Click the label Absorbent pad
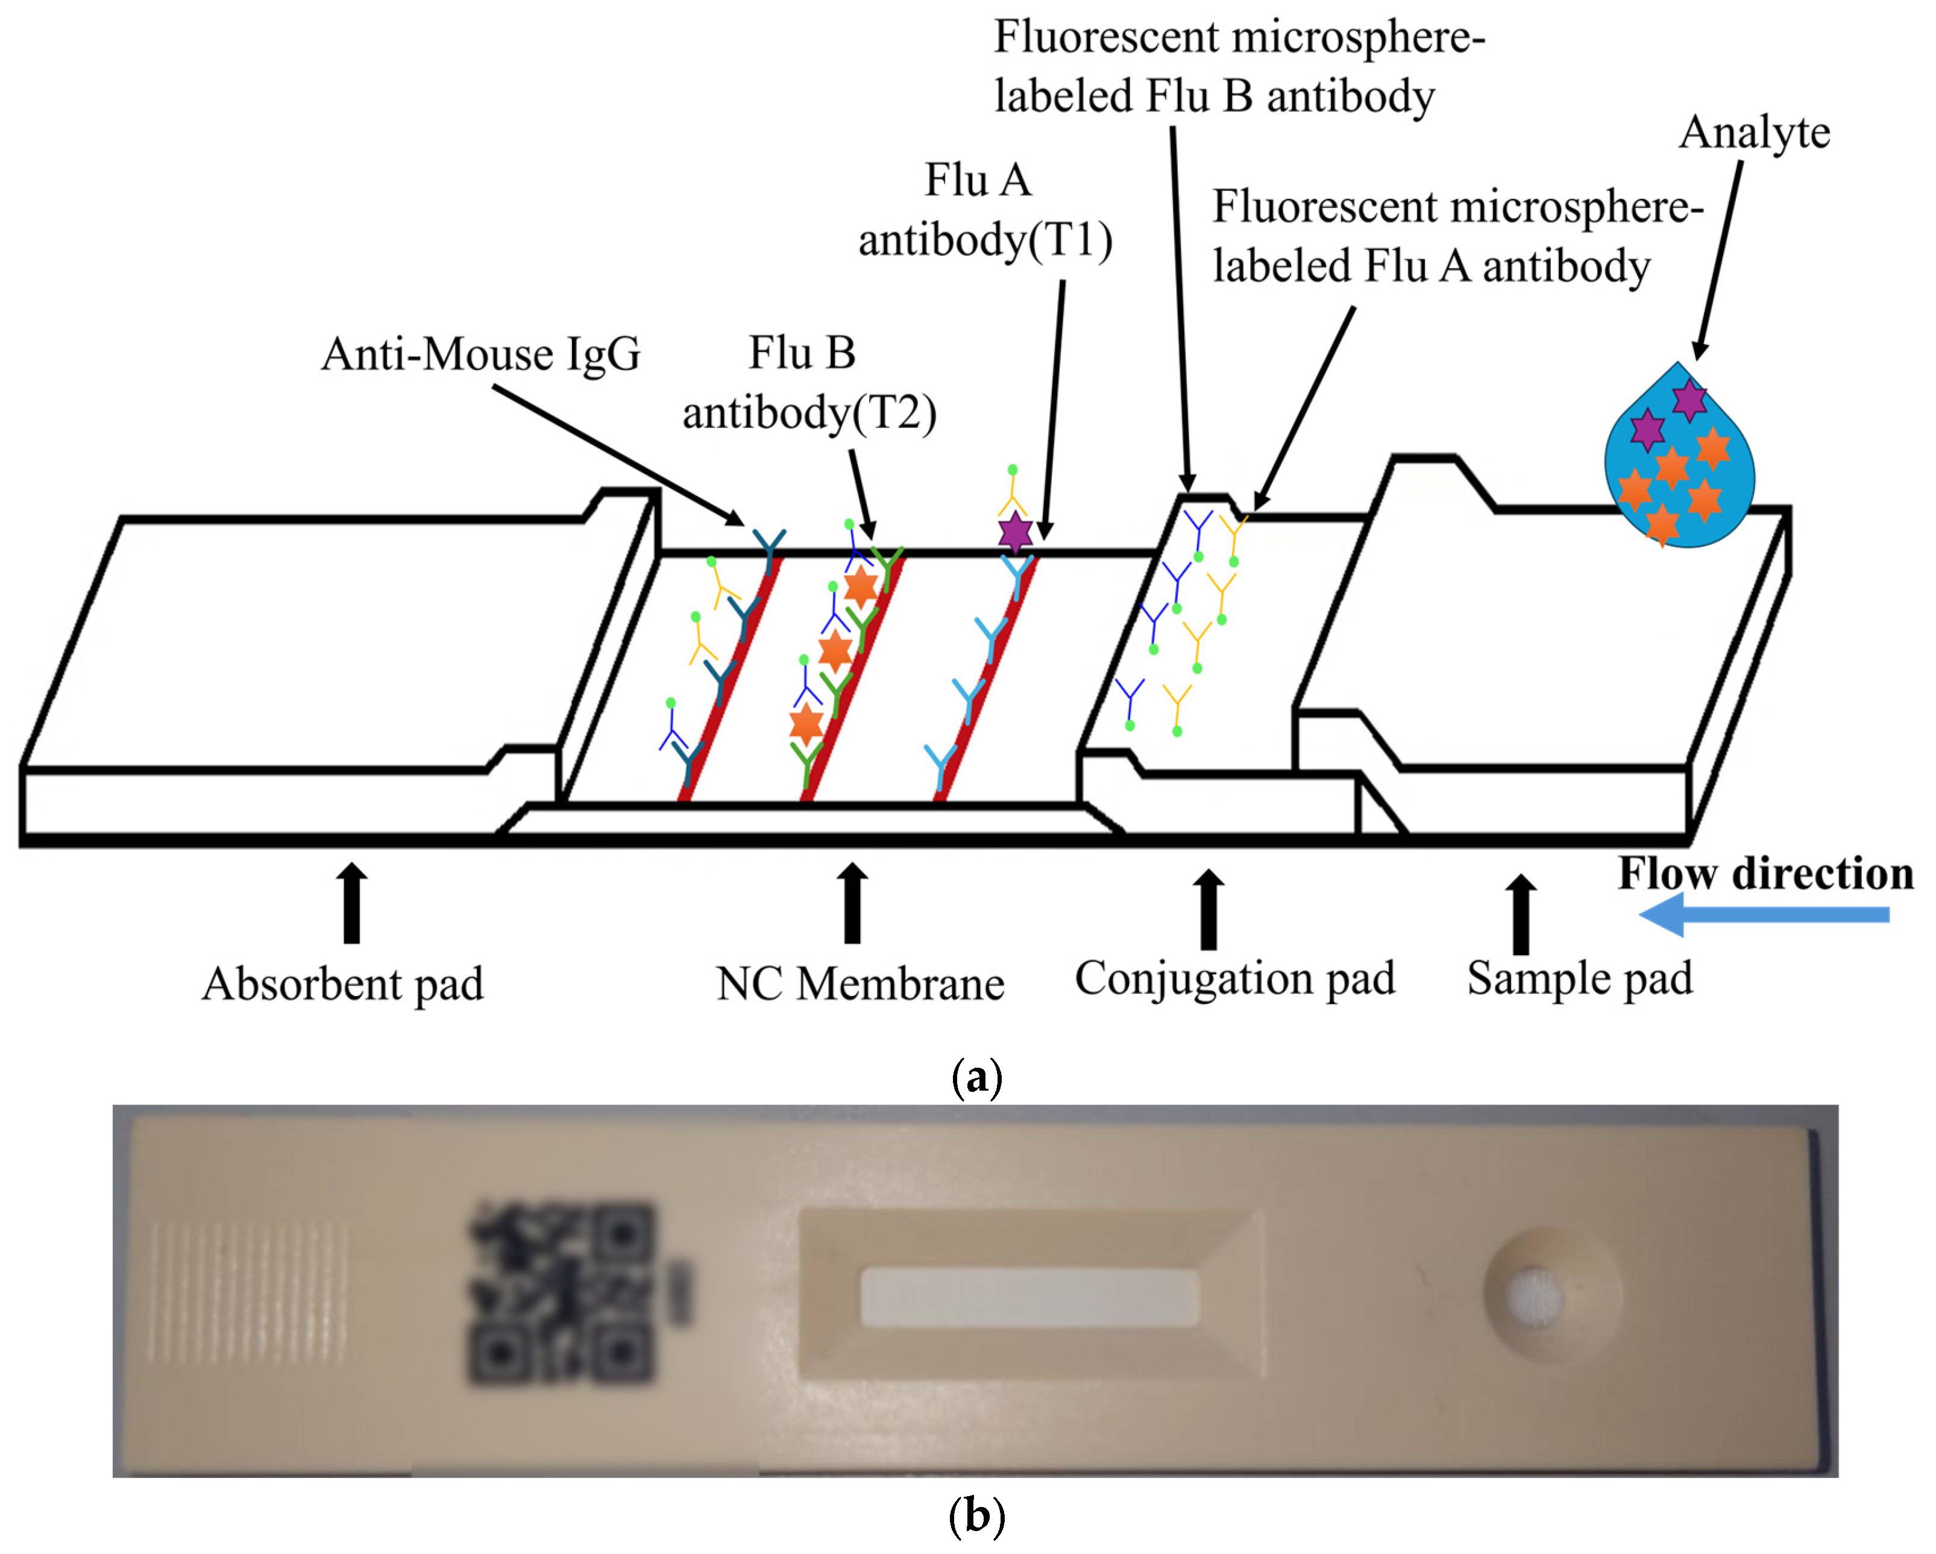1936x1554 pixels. pos(342,984)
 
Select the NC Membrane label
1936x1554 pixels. pos(860,984)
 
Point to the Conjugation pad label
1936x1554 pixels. pos(1234,979)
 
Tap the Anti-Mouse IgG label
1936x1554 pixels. pos(480,354)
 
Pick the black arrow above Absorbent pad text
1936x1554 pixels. pos(352,904)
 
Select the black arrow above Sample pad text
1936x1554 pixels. pos(1520,914)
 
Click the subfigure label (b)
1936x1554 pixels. pos(976,1516)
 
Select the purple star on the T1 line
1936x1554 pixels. pos(1014,533)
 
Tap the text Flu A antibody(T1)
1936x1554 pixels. pos(984,210)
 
